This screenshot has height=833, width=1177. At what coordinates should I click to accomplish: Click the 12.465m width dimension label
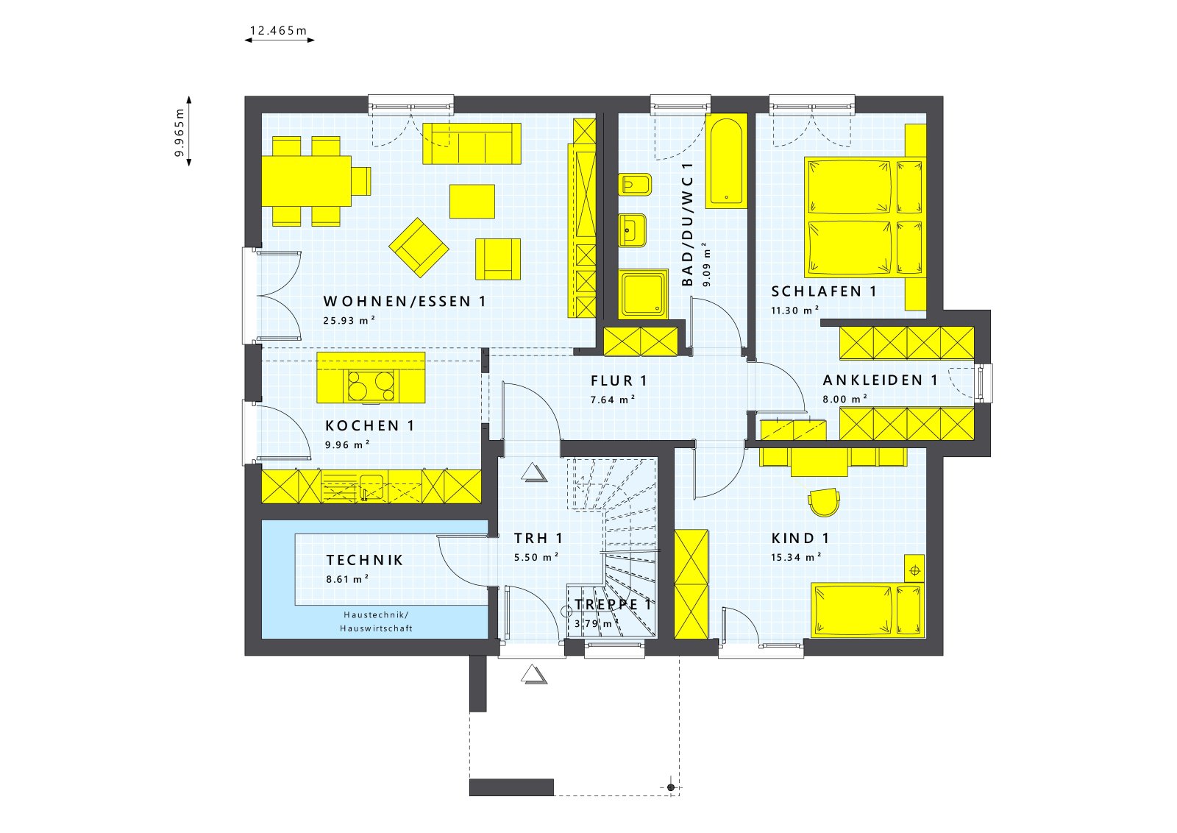[278, 31]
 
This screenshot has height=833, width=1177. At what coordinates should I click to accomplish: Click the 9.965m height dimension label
[179, 132]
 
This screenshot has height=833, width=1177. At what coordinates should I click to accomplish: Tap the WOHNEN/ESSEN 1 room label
[405, 301]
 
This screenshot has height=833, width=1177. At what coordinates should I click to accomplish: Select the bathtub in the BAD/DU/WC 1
[726, 160]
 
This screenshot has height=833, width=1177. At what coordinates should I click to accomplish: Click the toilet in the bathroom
[634, 184]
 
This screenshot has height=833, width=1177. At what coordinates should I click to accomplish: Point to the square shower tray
[643, 294]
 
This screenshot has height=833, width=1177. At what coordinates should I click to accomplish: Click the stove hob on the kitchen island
[371, 385]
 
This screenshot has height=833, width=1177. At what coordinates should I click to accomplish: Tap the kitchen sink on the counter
[371, 486]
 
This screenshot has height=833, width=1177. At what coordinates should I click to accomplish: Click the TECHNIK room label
[365, 560]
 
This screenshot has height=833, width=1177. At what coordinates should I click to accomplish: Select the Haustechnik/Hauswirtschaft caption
[376, 622]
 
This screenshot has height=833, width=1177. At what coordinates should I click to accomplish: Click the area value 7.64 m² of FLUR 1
[612, 400]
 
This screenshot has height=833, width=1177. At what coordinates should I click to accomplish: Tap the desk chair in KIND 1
[823, 502]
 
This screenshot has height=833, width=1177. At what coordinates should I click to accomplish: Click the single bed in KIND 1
[867, 610]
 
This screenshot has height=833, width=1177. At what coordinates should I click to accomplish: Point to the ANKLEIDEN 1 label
[880, 380]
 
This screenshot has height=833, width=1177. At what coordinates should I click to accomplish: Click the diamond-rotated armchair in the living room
[419, 247]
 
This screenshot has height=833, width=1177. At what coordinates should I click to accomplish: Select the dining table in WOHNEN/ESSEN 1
[307, 181]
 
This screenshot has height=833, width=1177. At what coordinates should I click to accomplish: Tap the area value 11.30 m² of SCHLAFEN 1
[794, 311]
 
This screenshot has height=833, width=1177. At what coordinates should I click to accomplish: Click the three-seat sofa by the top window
[472, 143]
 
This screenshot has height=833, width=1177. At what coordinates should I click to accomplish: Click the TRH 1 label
[538, 539]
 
